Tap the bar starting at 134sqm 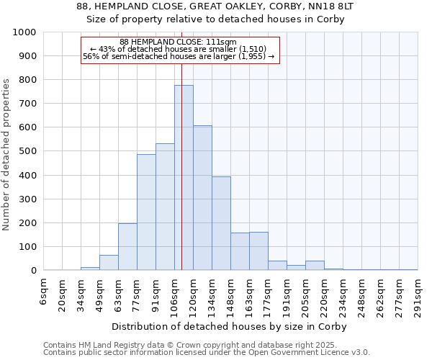point(221,223)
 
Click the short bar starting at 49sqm point(109,263)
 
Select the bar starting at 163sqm point(258,251)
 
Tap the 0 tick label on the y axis point(33,271)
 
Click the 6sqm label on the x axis point(43,289)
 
